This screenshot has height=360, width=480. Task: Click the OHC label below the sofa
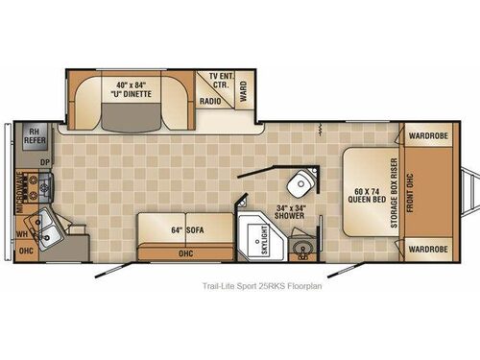[185, 254]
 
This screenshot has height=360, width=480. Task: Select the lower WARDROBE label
[424, 250]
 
